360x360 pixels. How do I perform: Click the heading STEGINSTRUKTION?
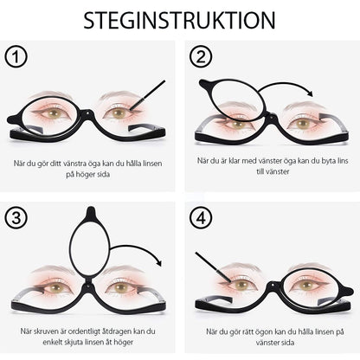tap(180, 20)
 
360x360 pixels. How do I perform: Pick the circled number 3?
tap(16, 216)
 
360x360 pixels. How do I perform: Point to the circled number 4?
tap(201, 216)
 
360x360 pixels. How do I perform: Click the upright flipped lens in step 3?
tap(89, 246)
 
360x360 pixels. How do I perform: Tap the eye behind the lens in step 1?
tap(55, 112)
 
